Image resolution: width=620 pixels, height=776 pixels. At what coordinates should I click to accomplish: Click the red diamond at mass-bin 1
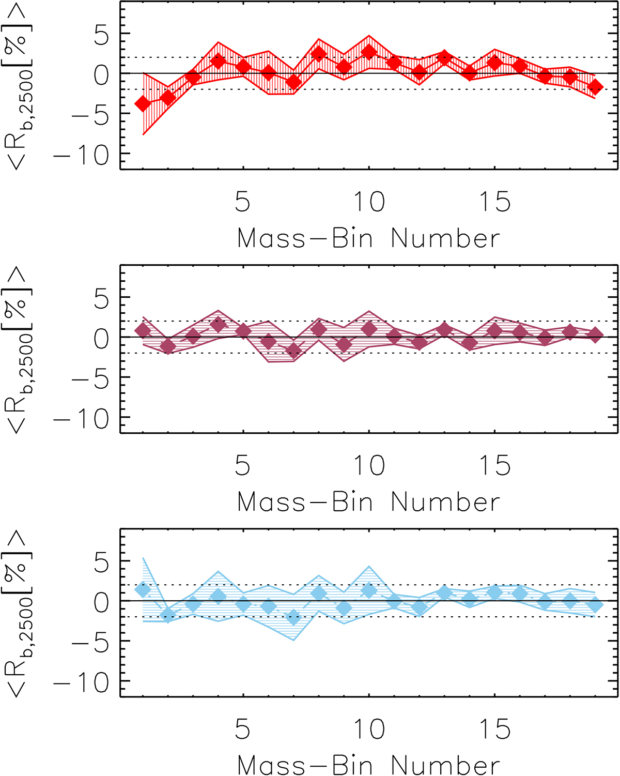[x=143, y=104]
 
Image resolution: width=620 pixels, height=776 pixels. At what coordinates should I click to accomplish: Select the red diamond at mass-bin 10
[x=369, y=52]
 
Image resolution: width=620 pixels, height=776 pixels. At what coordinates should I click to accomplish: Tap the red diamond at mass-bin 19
[x=595, y=86]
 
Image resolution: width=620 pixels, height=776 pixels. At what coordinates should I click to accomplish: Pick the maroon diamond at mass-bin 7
[x=293, y=351]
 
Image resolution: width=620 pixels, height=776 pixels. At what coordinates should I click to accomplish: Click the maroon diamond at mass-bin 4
[x=218, y=325]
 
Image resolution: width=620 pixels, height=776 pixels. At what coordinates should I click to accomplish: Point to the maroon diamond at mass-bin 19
[x=595, y=334]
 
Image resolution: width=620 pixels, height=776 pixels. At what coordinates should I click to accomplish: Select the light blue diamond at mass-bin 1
[x=143, y=589]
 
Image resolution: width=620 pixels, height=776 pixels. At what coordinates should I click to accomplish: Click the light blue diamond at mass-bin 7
[x=293, y=617]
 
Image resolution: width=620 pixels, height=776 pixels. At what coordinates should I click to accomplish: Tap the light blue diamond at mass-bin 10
[x=369, y=590]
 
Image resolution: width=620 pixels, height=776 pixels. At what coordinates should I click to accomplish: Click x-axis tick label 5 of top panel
[x=242, y=202]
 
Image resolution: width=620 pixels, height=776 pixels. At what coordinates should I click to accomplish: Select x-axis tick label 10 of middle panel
[x=369, y=465]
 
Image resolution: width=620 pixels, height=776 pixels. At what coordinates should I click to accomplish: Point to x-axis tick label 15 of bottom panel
[x=495, y=729]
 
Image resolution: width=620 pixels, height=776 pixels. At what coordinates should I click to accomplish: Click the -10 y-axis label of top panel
[x=82, y=155]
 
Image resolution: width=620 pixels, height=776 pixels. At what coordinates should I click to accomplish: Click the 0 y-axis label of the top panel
[x=102, y=75]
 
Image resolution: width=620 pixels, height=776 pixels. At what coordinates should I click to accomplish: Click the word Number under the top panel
[x=445, y=239]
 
